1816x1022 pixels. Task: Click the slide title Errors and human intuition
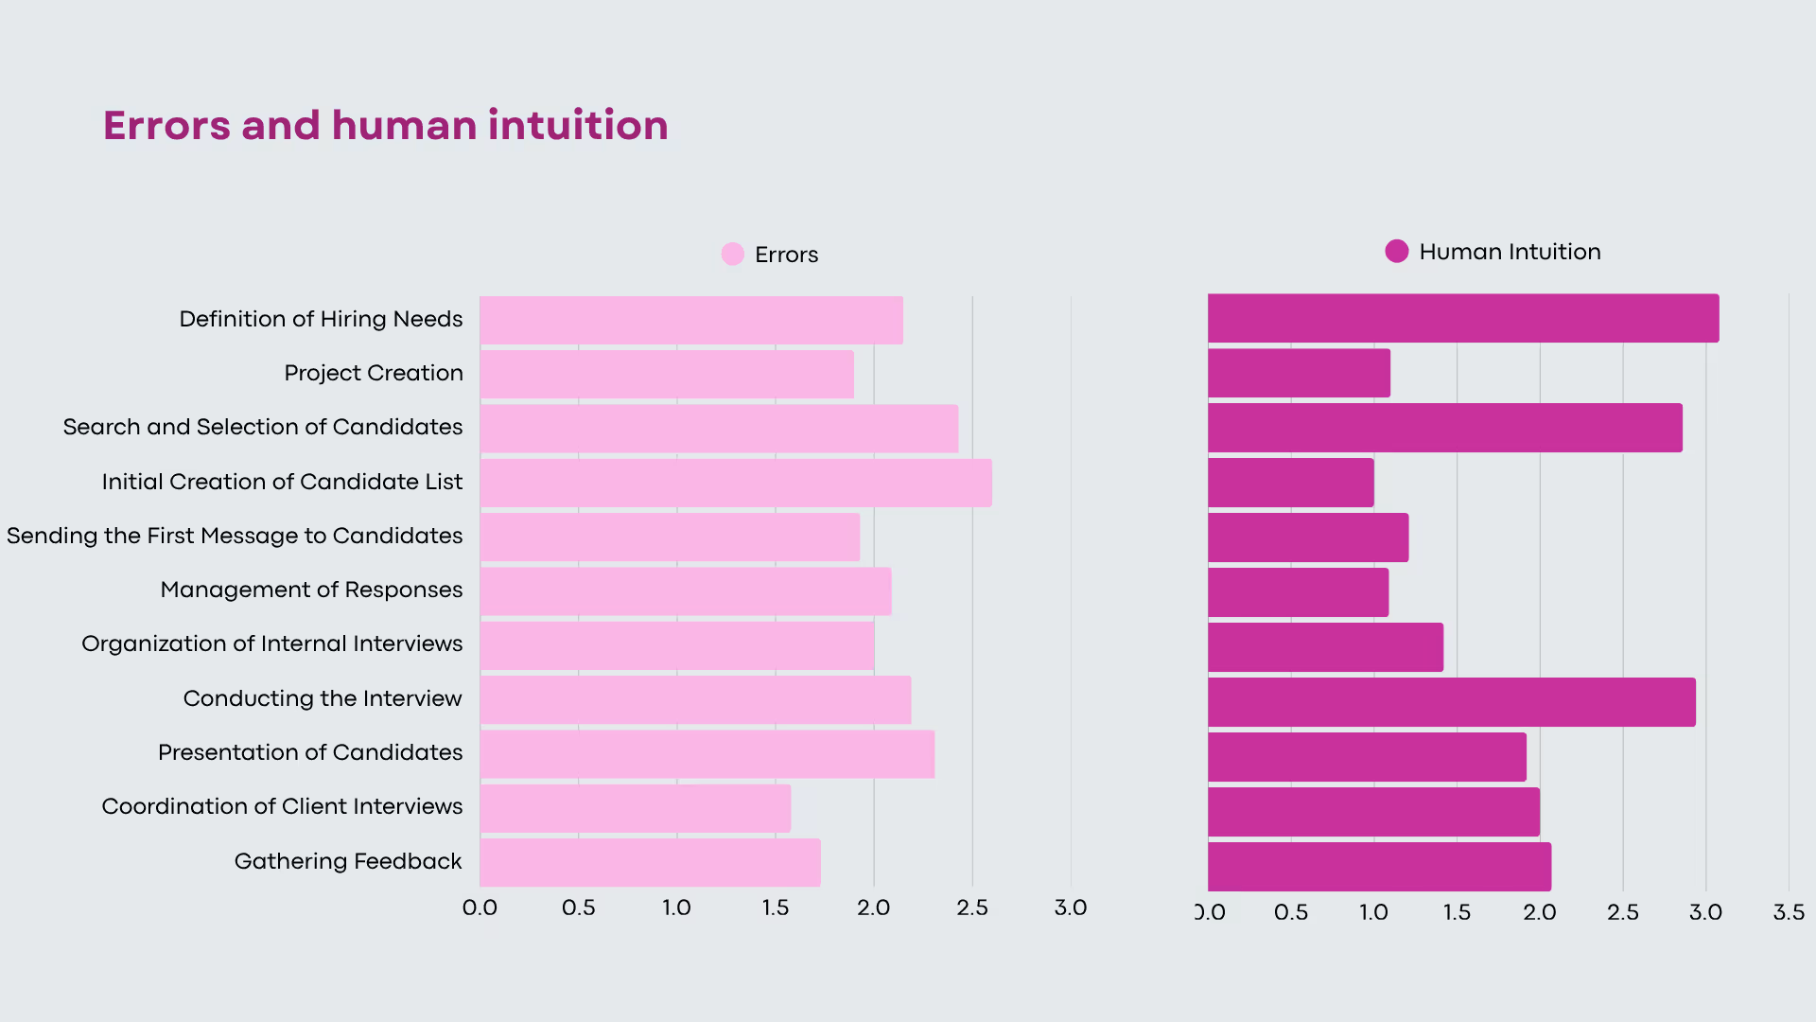pyautogui.click(x=385, y=126)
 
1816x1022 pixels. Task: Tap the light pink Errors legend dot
pyautogui.click(x=732, y=254)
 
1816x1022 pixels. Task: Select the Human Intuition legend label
pyautogui.click(x=1510, y=252)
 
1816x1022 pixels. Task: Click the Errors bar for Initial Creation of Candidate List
pyautogui.click(x=736, y=483)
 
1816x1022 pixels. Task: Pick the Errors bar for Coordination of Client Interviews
pyautogui.click(x=635, y=808)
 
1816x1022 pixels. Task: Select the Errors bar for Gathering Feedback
pyautogui.click(x=650, y=862)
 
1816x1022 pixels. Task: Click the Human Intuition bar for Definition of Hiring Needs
pyautogui.click(x=1463, y=318)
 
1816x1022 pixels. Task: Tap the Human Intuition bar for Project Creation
pyautogui.click(x=1299, y=373)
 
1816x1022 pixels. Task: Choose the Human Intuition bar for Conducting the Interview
pyautogui.click(x=1452, y=702)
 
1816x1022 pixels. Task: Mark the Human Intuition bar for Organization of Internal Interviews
pyautogui.click(x=1325, y=647)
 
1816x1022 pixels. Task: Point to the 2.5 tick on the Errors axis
pyautogui.click(x=971, y=907)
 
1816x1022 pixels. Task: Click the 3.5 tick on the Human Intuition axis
pyautogui.click(x=1788, y=912)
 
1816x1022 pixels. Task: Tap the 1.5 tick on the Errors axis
pyautogui.click(x=775, y=907)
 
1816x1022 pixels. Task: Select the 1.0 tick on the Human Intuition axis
pyautogui.click(x=1373, y=912)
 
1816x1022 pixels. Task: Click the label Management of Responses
pyautogui.click(x=311, y=590)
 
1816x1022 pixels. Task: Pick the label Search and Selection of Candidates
pyautogui.click(x=263, y=427)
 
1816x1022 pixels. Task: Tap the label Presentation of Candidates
pyautogui.click(x=310, y=752)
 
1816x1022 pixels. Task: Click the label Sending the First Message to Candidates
pyautogui.click(x=235, y=536)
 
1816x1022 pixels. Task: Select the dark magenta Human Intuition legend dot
pyautogui.click(x=1396, y=251)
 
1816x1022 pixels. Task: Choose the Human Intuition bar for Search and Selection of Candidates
pyautogui.click(x=1444, y=428)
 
